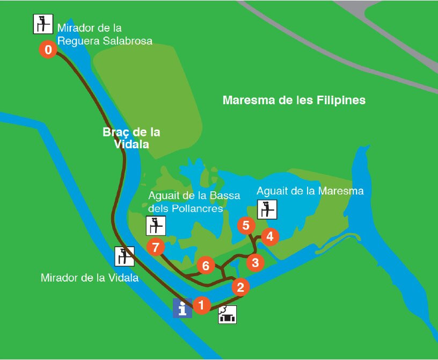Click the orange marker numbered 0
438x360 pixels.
click(x=48, y=51)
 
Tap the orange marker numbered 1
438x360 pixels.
click(x=201, y=305)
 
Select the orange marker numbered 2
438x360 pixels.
click(x=240, y=287)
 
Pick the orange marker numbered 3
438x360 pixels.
click(x=255, y=263)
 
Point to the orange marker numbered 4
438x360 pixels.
click(x=270, y=236)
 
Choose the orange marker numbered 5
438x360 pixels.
click(x=246, y=225)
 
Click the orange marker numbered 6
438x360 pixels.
click(x=205, y=265)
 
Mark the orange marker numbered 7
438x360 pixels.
click(x=156, y=247)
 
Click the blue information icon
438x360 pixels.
click(x=182, y=308)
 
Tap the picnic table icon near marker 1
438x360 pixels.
click(x=228, y=314)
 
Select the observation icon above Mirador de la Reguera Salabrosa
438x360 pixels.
click(x=43, y=23)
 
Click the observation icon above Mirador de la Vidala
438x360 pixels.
click(x=125, y=256)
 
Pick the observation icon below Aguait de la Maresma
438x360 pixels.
click(x=267, y=209)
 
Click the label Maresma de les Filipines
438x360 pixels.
click(x=294, y=100)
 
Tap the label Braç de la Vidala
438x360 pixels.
click(x=131, y=138)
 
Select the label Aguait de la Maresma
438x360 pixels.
click(x=310, y=191)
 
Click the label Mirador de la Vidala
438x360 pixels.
click(x=90, y=278)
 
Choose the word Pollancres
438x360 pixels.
click(x=196, y=208)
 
